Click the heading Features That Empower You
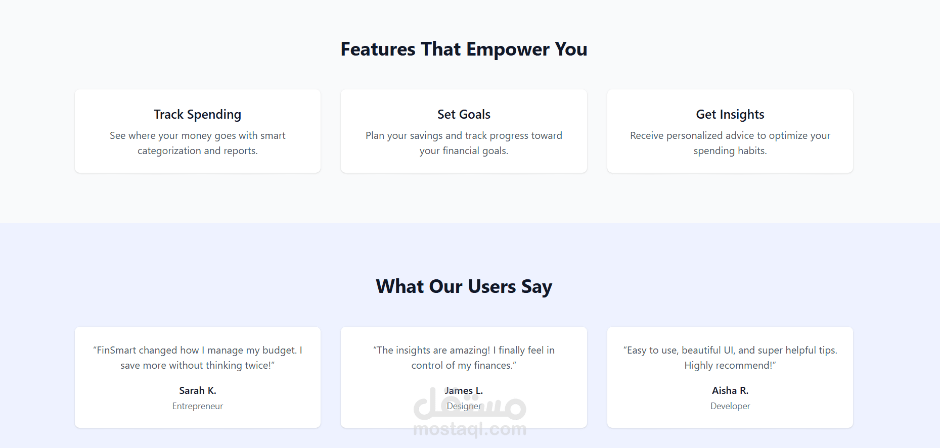(464, 49)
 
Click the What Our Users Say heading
(464, 286)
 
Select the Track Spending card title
(197, 115)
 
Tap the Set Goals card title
(464, 115)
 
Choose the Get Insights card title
(730, 115)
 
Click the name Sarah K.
(197, 390)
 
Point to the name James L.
(464, 390)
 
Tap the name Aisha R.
(730, 390)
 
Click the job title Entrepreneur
(197, 406)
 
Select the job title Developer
(730, 406)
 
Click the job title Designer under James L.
(464, 406)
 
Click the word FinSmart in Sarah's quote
(116, 351)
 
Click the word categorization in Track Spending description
(169, 151)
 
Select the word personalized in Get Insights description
(694, 136)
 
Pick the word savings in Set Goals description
(426, 136)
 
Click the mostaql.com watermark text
(470, 429)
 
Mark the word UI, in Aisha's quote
(729, 351)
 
